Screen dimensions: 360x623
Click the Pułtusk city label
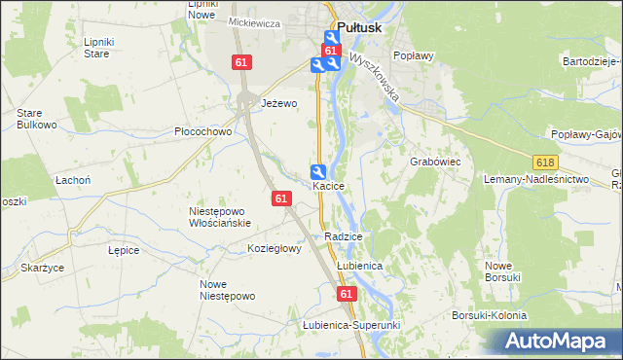361,29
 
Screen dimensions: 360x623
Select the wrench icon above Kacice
318,170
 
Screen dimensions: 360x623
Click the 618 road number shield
544,162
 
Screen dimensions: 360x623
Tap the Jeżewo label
278,103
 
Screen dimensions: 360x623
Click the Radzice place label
345,236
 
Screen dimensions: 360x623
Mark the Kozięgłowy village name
275,248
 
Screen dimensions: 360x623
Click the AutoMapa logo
557,342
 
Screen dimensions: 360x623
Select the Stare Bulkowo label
36,119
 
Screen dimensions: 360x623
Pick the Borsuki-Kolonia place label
489,316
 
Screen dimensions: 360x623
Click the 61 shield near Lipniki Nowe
242,62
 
